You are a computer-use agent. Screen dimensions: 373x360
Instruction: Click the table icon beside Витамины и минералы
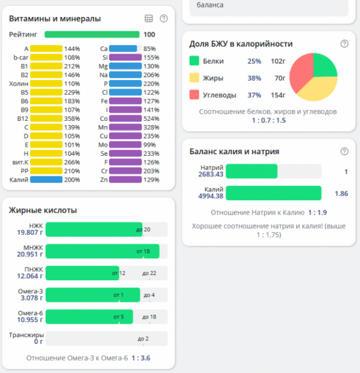[148, 19]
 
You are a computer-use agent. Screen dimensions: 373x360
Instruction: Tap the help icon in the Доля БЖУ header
[344, 44]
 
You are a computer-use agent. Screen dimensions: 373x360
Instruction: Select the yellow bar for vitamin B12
[47, 118]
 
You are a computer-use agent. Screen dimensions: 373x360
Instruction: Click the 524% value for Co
[152, 118]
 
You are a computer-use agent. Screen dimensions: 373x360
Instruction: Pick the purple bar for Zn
[125, 179]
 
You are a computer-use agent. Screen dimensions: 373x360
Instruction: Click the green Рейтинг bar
[92, 34]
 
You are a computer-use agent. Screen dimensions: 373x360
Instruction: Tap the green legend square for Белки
[194, 61]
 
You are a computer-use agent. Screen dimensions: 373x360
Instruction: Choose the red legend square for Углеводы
[194, 95]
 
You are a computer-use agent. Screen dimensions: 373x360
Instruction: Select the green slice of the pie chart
[323, 66]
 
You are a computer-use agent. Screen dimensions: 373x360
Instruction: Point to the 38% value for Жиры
[254, 78]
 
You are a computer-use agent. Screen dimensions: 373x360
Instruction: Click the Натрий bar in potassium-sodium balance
[252, 172]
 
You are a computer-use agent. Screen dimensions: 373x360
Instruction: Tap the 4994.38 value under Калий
[210, 196]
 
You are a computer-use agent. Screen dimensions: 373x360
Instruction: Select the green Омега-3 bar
[93, 295]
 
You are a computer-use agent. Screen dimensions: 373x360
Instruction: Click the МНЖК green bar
[102, 251]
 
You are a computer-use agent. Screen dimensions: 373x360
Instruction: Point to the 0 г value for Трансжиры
[38, 342]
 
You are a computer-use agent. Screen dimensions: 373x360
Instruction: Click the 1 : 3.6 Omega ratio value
[141, 358]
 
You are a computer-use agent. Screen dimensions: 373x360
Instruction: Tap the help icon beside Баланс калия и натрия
[344, 151]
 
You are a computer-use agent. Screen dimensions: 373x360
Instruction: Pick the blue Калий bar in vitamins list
[47, 179]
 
